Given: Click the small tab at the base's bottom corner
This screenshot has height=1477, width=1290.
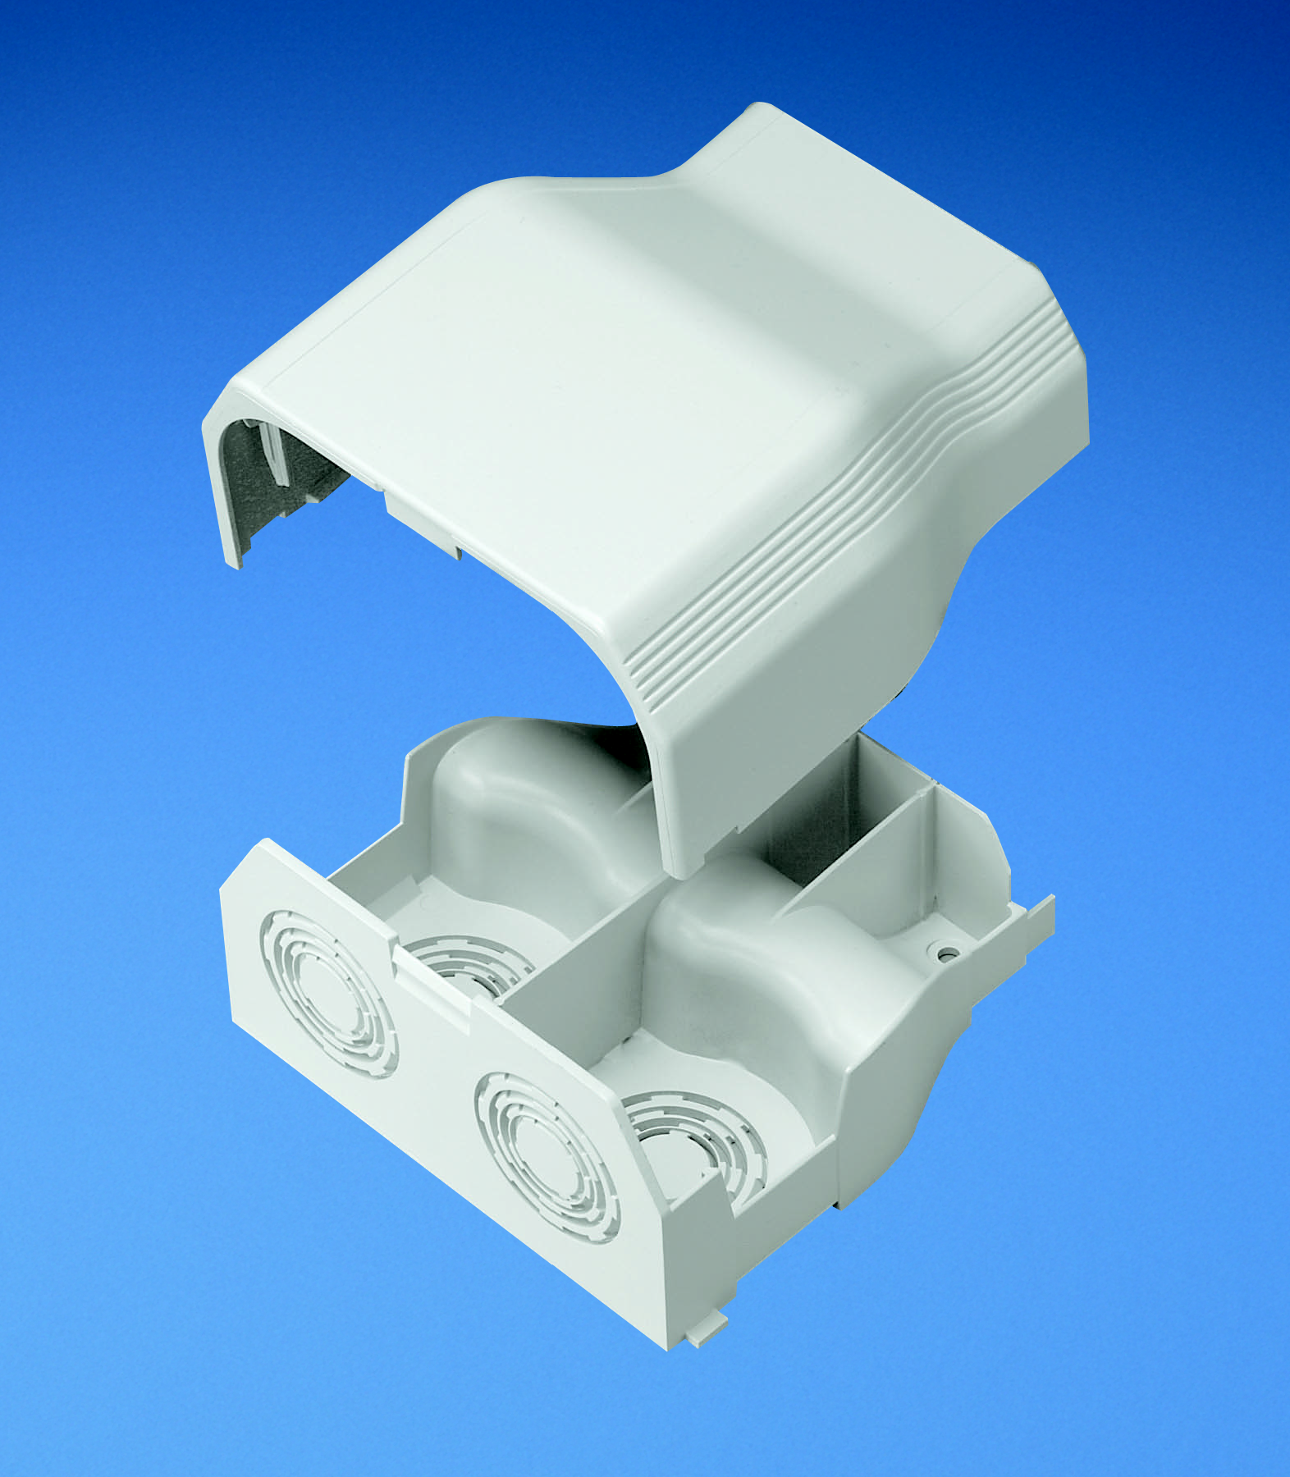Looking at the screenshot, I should coord(706,1334).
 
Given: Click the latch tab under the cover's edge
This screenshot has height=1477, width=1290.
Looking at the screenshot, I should coord(419,517).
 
